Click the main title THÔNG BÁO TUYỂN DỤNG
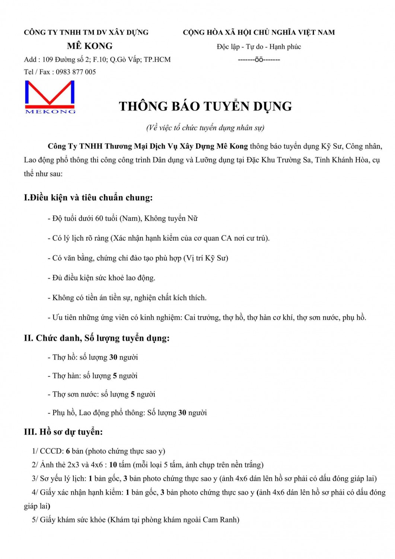click(x=205, y=106)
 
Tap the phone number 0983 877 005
click(x=76, y=72)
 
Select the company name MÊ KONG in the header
click(x=90, y=46)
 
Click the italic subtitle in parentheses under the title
click(x=205, y=128)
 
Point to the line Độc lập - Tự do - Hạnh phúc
click(x=259, y=47)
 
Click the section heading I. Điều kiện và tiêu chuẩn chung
click(x=88, y=198)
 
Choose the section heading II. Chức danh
click(x=96, y=338)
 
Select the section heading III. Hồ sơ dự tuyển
click(x=63, y=432)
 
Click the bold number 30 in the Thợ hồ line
click(x=113, y=357)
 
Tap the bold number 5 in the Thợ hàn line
click(x=115, y=376)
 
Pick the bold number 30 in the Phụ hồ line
click(x=182, y=413)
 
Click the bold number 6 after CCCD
click(x=68, y=451)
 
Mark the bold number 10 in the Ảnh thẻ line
click(x=113, y=465)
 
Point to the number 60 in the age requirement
click(x=99, y=218)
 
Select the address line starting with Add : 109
click(x=97, y=60)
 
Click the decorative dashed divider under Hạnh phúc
click(x=259, y=60)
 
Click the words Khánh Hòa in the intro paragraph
click(x=350, y=160)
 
